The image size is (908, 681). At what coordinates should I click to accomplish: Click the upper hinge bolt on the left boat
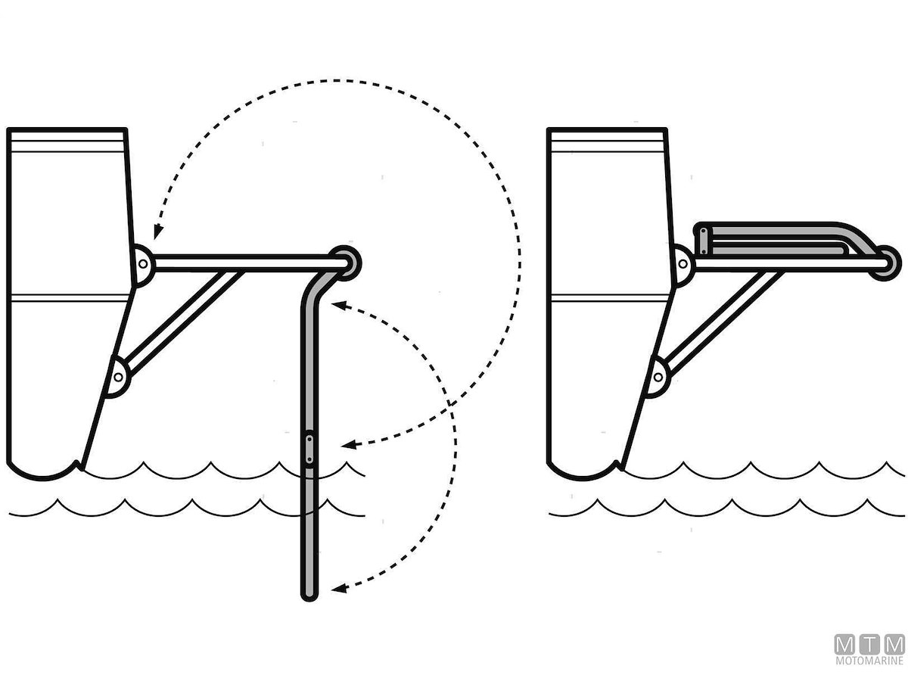click(143, 264)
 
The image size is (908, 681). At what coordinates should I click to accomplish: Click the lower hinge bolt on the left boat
click(118, 377)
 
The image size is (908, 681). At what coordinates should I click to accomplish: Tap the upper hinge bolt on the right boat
click(683, 264)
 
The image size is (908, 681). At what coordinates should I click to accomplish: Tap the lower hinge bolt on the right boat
click(658, 377)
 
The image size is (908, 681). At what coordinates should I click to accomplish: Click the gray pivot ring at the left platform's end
click(346, 263)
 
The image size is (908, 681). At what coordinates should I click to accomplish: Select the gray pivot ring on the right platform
click(886, 263)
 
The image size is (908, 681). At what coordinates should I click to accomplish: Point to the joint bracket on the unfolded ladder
click(309, 449)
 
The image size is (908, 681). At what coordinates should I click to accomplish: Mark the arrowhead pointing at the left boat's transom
click(157, 232)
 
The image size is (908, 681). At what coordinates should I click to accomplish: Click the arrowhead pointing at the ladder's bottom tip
click(339, 589)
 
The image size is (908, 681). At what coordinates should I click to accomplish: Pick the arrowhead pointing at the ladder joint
click(348, 445)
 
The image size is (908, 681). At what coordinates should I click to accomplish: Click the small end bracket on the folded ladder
click(703, 241)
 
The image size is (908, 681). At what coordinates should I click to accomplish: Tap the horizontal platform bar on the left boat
click(249, 263)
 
